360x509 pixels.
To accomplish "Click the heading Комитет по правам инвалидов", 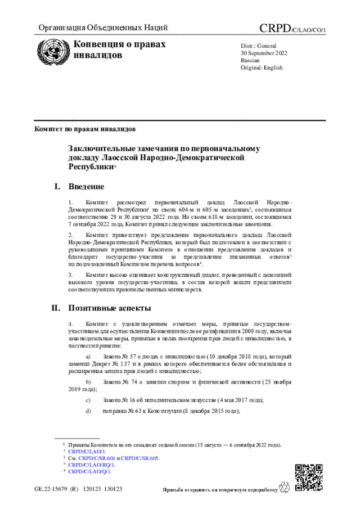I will (85, 128).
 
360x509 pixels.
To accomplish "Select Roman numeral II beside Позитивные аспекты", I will (56, 308).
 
